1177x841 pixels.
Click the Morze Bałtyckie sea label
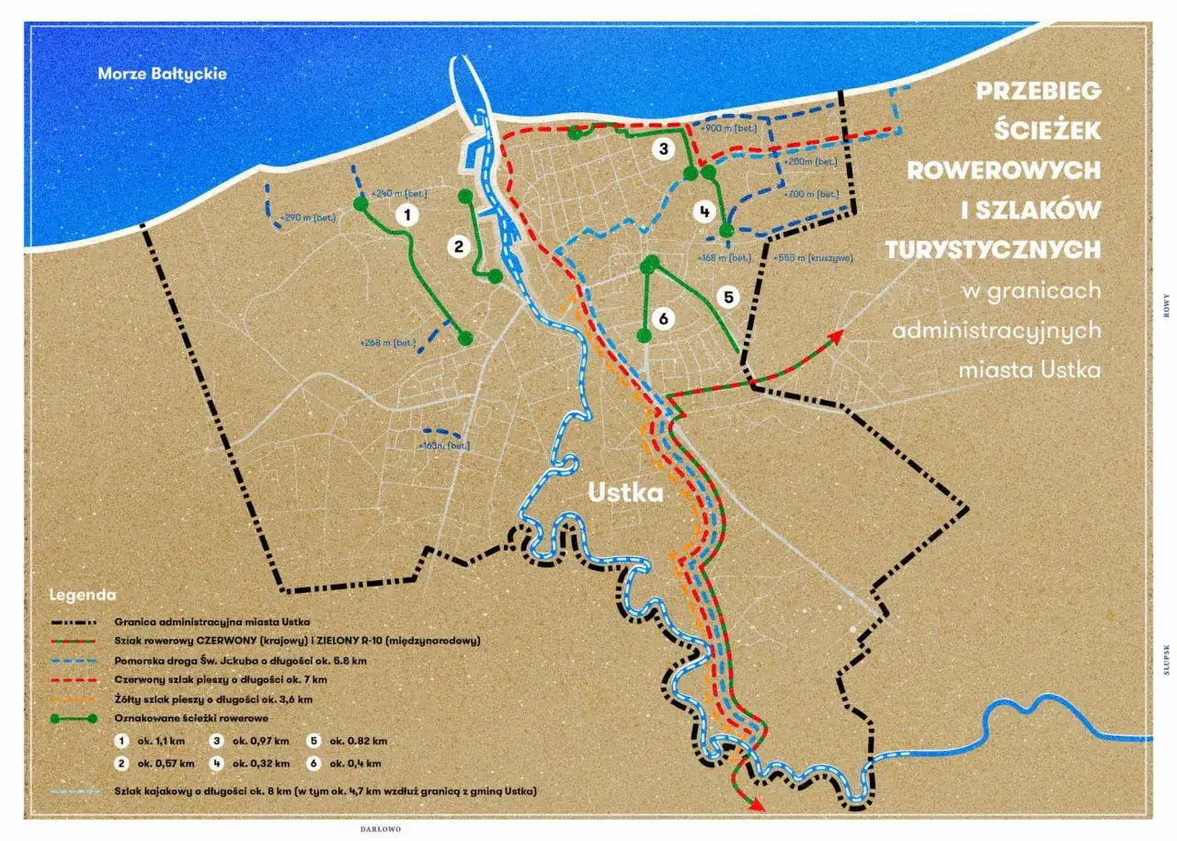pos(162,73)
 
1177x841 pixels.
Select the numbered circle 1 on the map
pos(405,215)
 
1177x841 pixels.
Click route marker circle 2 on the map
pos(458,245)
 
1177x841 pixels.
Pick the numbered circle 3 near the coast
pos(663,149)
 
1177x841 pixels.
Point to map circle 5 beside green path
pos(727,297)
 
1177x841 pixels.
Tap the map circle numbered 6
pos(662,318)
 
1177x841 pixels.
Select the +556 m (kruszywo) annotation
pos(813,257)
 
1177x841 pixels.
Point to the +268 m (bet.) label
pos(388,343)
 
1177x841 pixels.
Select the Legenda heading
pos(83,595)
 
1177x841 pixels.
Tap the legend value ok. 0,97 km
pos(261,741)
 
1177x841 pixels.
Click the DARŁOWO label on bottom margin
pos(381,828)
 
